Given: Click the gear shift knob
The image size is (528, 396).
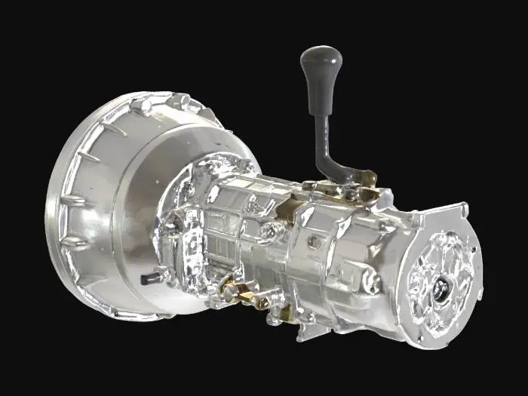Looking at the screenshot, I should click(321, 65).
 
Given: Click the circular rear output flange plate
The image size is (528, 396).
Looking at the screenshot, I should click(441, 279).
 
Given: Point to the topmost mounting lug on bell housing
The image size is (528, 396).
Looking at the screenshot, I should click(180, 100).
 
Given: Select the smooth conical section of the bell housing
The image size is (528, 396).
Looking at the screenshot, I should click(151, 173).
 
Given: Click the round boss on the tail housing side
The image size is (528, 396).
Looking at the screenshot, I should click(371, 283).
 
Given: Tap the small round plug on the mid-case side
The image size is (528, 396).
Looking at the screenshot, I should click(313, 242).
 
